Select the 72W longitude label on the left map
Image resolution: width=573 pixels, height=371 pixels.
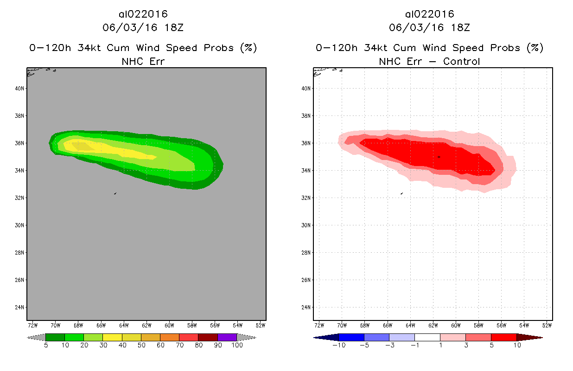point(33,325)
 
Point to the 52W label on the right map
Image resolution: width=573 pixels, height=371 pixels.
point(547,325)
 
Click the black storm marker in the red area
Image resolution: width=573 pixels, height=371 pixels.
point(439,157)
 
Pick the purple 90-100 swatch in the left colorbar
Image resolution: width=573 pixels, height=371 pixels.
point(227,338)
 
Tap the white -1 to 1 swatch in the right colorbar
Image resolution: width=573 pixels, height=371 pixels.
point(427,338)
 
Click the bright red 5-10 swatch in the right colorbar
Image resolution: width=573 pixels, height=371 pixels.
point(503,338)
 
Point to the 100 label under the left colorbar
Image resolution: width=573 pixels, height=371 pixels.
point(237,345)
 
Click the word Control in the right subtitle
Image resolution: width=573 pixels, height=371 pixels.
point(461,62)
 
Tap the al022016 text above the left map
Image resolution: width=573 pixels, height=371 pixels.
point(143,14)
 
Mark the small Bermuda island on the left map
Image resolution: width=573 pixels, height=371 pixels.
point(115,193)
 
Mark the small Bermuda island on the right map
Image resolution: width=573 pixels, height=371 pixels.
point(401,193)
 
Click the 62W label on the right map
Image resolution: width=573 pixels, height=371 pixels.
point(433,325)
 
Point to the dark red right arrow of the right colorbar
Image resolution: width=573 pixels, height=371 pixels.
point(528,338)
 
